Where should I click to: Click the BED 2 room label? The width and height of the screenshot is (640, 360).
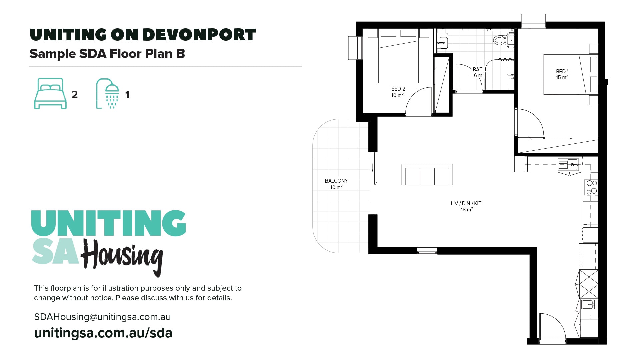coord(398,92)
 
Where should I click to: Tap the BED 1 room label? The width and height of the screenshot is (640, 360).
coord(562,74)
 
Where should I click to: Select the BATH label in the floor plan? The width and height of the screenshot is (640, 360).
coord(479,72)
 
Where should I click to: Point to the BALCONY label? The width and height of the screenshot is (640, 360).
coord(336,183)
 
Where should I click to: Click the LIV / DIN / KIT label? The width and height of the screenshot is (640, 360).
coord(466,206)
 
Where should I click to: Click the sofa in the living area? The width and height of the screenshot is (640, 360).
coord(427,175)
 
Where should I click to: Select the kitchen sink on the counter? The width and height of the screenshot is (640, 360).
coord(568,164)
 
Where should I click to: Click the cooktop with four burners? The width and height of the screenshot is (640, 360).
coord(592,187)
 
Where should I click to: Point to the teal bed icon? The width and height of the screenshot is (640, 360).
coord(50,93)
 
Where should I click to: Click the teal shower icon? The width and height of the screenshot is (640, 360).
coord(108,93)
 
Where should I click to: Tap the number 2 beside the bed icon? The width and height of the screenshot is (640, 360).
coord(75,95)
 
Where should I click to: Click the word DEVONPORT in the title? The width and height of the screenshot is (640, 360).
coord(199,35)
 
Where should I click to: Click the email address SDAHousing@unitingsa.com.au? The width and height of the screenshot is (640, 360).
coord(102,317)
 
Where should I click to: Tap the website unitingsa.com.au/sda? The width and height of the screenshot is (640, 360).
coord(103,333)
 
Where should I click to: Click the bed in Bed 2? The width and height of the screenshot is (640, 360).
coord(398,60)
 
